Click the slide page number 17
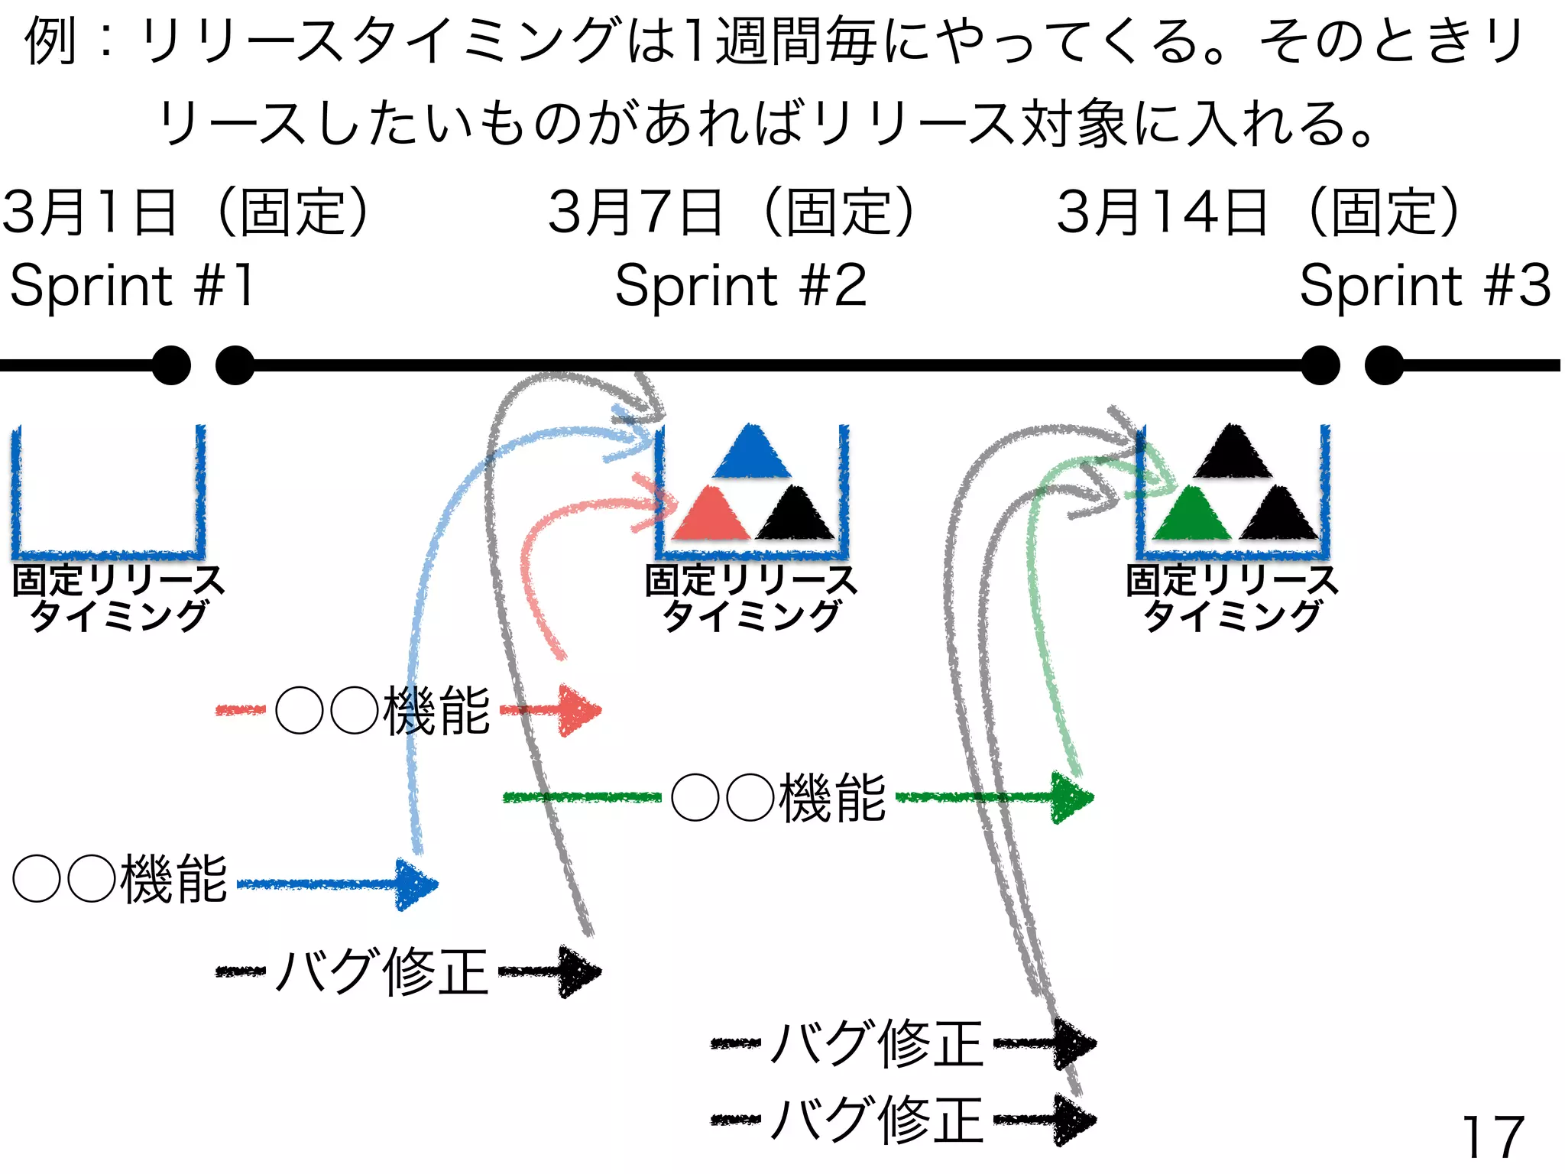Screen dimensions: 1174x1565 point(1492,1137)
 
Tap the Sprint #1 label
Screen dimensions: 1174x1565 point(132,285)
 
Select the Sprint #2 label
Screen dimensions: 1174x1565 point(740,285)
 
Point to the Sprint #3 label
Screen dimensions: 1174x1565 point(1424,285)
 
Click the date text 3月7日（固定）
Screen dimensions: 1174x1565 point(731,212)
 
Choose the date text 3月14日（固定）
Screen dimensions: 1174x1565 point(1259,212)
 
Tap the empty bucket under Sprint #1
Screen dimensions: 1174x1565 point(108,493)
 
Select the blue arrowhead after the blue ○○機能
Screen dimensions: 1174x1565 point(416,885)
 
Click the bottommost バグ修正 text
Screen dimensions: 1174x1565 point(876,1120)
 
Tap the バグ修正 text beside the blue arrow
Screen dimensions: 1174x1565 point(382,971)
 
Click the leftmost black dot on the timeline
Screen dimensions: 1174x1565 point(171,365)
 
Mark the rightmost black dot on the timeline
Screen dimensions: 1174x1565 point(1384,365)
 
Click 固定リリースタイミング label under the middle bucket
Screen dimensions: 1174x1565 point(750,598)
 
